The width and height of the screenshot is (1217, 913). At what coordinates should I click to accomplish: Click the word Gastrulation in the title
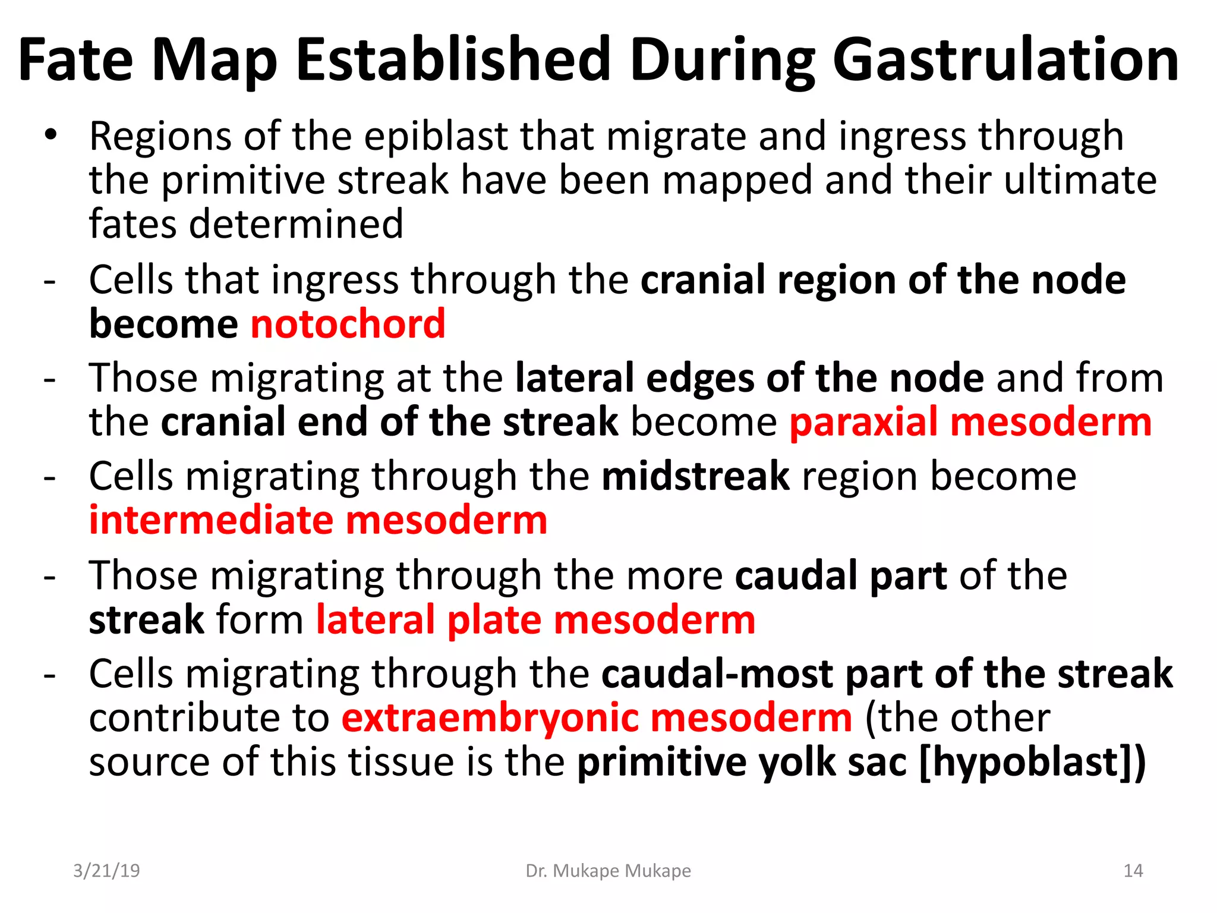(x=1005, y=61)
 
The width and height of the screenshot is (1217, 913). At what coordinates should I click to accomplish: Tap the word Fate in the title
(x=75, y=61)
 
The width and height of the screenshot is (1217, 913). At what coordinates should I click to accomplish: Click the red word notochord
(x=348, y=325)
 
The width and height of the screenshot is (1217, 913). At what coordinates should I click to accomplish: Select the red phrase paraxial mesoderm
(x=970, y=422)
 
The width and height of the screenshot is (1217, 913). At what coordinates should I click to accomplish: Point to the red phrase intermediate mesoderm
(x=318, y=520)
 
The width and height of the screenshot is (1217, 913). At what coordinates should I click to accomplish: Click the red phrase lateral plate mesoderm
(x=535, y=620)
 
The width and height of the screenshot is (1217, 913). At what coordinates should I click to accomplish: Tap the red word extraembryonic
(x=489, y=718)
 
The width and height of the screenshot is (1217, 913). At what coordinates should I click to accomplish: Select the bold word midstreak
(x=695, y=477)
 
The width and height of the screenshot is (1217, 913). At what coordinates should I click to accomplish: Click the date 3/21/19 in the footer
(x=106, y=871)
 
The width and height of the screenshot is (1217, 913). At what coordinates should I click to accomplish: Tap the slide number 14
(x=1133, y=871)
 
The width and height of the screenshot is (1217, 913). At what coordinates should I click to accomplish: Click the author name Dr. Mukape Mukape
(x=608, y=871)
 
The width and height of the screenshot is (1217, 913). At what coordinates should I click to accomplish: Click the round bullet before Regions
(x=51, y=135)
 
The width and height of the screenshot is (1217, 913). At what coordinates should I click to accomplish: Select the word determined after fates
(x=296, y=225)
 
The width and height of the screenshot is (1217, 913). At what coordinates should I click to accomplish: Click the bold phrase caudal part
(x=840, y=575)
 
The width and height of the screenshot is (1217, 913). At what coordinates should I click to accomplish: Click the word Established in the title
(x=454, y=61)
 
